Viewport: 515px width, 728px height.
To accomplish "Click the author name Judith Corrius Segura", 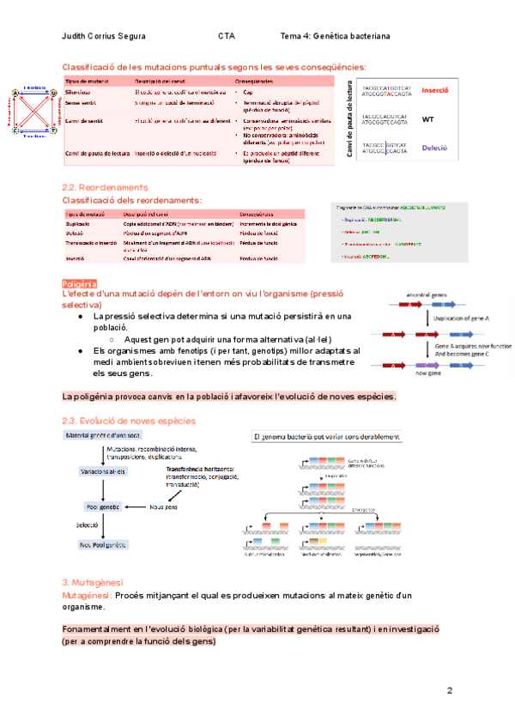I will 105,37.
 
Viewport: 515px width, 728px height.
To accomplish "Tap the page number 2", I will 449,691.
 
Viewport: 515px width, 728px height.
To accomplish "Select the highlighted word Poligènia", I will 80,283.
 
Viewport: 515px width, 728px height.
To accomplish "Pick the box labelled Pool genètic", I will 102,507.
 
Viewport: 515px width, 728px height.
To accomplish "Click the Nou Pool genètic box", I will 104,544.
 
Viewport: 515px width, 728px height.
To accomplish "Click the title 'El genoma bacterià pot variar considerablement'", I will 326,436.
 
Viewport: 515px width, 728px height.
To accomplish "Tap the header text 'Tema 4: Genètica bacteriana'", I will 335,37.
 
